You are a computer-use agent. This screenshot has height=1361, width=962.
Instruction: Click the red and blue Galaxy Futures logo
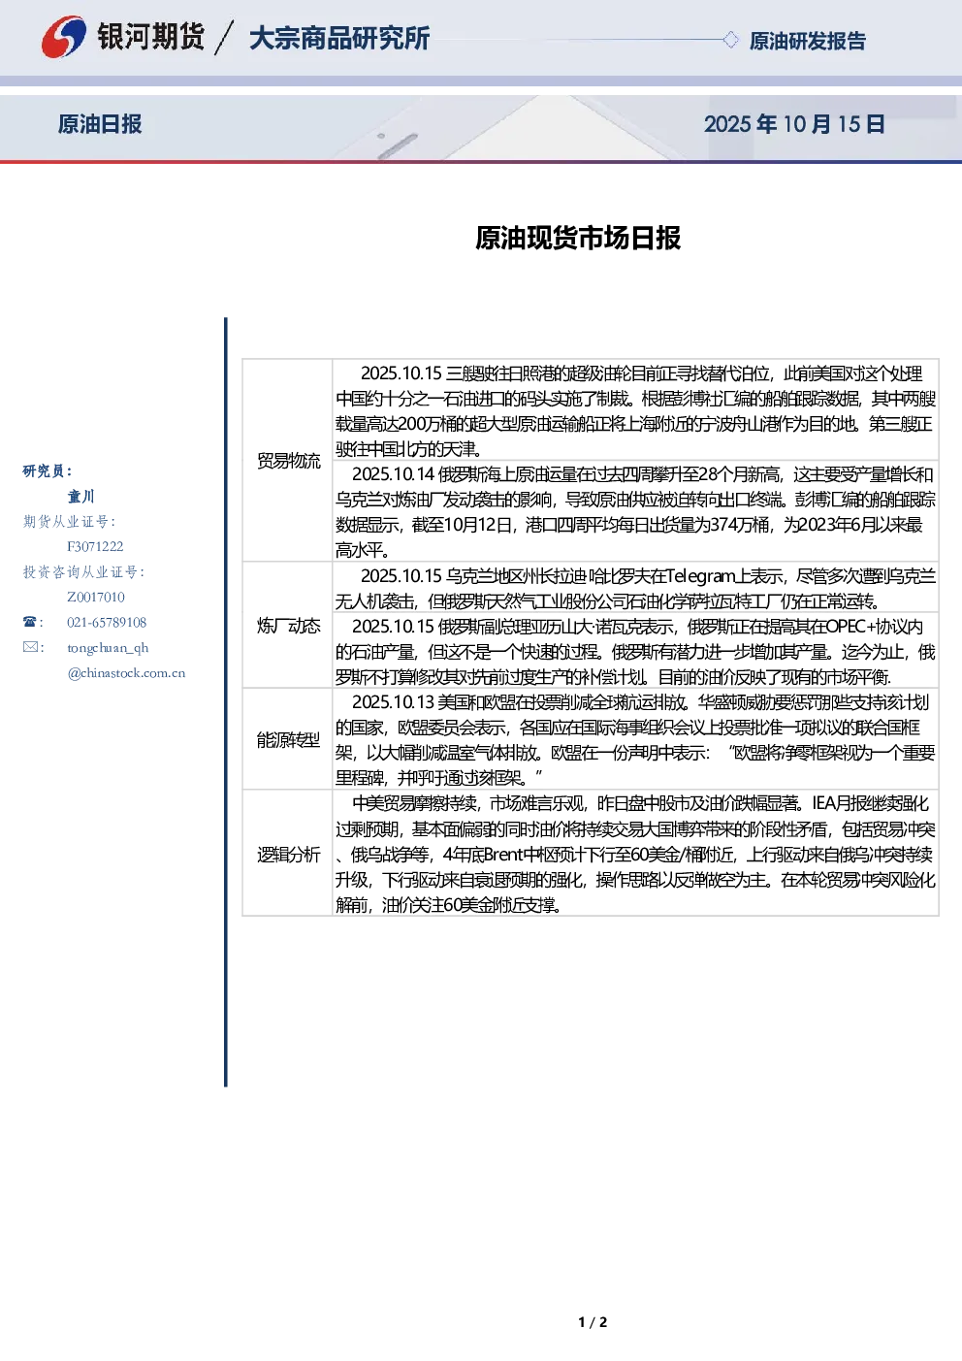63,37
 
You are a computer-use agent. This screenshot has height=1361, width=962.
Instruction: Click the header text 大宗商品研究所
339,38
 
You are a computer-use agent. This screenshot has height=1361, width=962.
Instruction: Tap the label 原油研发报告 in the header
807,41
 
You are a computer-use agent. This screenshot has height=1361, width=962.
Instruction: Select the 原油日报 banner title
100,124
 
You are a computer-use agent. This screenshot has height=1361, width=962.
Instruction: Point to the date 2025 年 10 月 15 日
794,124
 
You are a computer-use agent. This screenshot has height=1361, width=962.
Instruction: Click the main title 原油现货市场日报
578,238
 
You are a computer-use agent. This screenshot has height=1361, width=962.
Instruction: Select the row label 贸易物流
288,461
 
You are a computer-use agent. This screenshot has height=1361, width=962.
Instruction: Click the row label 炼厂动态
288,626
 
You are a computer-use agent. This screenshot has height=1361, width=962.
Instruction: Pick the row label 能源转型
288,739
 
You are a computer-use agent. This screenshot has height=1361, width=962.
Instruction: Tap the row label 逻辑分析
288,855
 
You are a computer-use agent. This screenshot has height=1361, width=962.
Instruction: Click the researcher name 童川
80,497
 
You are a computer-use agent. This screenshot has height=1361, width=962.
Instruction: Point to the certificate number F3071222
95,546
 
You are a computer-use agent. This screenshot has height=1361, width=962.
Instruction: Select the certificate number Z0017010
96,597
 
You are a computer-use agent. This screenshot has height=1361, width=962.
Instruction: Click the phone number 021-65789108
107,622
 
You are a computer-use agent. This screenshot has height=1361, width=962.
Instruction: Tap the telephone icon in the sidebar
29,622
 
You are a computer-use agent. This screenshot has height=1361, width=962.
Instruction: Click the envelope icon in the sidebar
30,646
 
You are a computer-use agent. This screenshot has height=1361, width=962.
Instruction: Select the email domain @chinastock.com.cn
126,673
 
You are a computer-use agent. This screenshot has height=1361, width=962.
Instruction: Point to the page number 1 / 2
593,1322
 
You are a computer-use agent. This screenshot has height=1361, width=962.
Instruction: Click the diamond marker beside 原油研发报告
730,40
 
